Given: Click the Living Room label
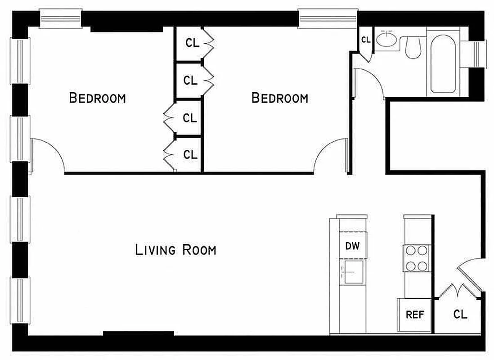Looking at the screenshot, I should (x=175, y=250).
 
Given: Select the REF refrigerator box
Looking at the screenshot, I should (x=414, y=315).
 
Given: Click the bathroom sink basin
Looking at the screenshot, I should (x=386, y=40).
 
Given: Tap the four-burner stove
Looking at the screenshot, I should (x=416, y=258).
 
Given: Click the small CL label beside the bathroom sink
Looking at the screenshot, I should (x=365, y=40).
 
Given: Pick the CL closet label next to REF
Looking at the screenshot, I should (x=460, y=314).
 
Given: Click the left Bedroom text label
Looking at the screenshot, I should (x=97, y=98).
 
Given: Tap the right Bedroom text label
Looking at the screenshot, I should (x=279, y=98).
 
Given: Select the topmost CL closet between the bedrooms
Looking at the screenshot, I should (x=190, y=44).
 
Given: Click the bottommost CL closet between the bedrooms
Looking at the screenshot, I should (x=190, y=154).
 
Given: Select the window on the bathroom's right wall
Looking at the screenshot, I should (x=479, y=53).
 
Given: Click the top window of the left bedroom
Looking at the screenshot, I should (x=60, y=20).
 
